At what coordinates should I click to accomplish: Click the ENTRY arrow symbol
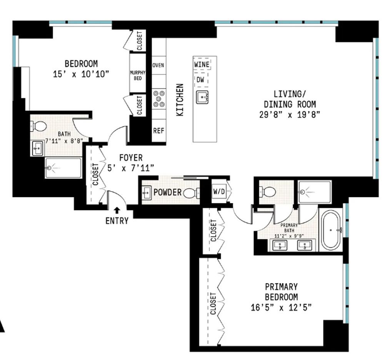117,210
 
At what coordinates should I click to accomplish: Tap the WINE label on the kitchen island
202,65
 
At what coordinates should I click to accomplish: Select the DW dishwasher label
200,80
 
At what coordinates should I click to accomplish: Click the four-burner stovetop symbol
159,98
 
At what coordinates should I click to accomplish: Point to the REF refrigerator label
159,131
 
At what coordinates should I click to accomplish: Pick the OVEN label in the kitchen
158,65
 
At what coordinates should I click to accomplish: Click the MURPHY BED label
138,75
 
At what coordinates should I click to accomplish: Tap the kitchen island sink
202,97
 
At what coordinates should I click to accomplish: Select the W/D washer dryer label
219,192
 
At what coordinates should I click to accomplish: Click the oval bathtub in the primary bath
331,230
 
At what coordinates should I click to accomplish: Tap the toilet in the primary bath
267,192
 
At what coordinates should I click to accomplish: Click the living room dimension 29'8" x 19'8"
290,115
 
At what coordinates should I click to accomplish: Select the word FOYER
131,158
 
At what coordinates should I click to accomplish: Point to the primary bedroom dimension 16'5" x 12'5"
281,308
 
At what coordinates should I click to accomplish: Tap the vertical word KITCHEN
180,100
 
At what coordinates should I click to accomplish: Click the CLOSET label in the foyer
96,174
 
